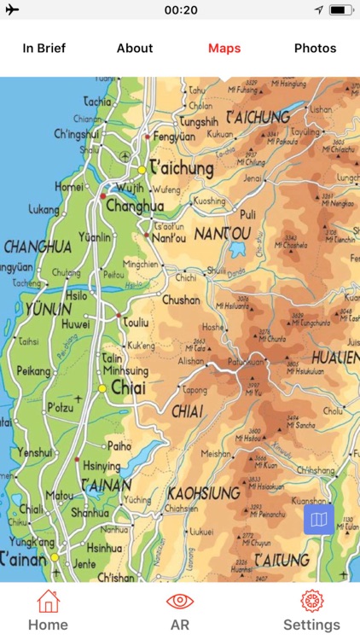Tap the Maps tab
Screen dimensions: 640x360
pos(224,48)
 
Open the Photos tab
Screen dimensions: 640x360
pos(315,48)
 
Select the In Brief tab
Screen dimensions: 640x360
pos(44,48)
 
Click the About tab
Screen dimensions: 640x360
pos(135,48)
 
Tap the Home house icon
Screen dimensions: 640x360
pos(48,602)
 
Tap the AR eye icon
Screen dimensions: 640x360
pos(180,602)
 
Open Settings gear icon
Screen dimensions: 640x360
pos(311,602)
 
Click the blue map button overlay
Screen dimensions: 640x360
pos(319,519)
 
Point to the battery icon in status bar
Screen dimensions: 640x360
pos(341,9)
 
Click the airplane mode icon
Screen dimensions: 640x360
pos(12,9)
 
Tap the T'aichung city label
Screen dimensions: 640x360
pos(181,168)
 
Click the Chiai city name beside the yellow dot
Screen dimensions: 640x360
pos(129,388)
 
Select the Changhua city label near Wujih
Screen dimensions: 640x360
pos(135,206)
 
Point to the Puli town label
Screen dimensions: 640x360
pos(248,214)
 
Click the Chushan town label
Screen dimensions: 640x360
pos(181,300)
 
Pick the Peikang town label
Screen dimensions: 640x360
pos(34,372)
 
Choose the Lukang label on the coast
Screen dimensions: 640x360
pos(44,208)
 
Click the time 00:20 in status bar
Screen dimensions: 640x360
pos(180,9)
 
